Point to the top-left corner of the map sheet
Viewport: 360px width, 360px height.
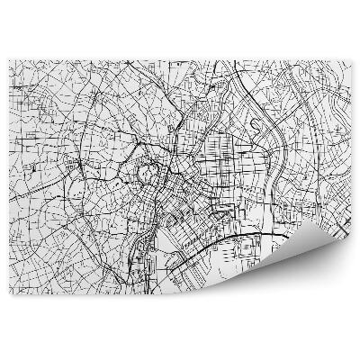tap(9, 60)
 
